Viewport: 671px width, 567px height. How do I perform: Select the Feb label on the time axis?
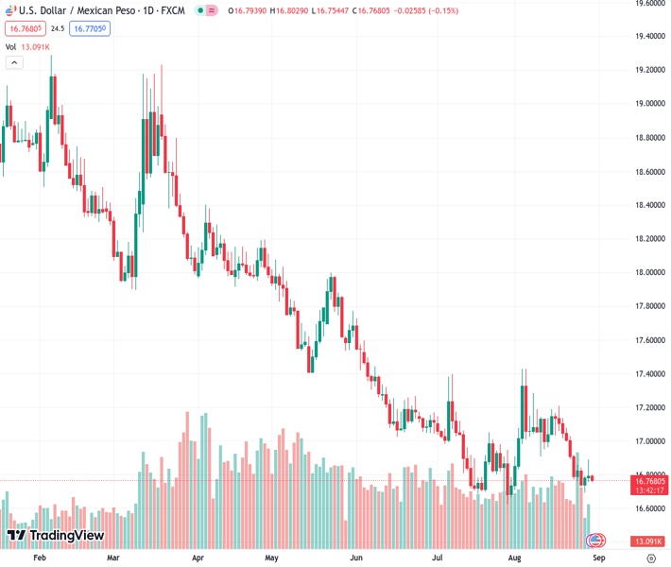40,558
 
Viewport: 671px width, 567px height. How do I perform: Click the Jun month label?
356,558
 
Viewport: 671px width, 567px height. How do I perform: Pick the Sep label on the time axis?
596,558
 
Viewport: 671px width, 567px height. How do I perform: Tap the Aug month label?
515,558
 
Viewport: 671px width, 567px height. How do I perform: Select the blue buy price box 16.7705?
90,28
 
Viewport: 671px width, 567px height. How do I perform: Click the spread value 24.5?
58,28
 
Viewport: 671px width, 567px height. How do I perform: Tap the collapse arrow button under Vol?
14,62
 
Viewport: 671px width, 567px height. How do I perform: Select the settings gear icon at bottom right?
651,558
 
